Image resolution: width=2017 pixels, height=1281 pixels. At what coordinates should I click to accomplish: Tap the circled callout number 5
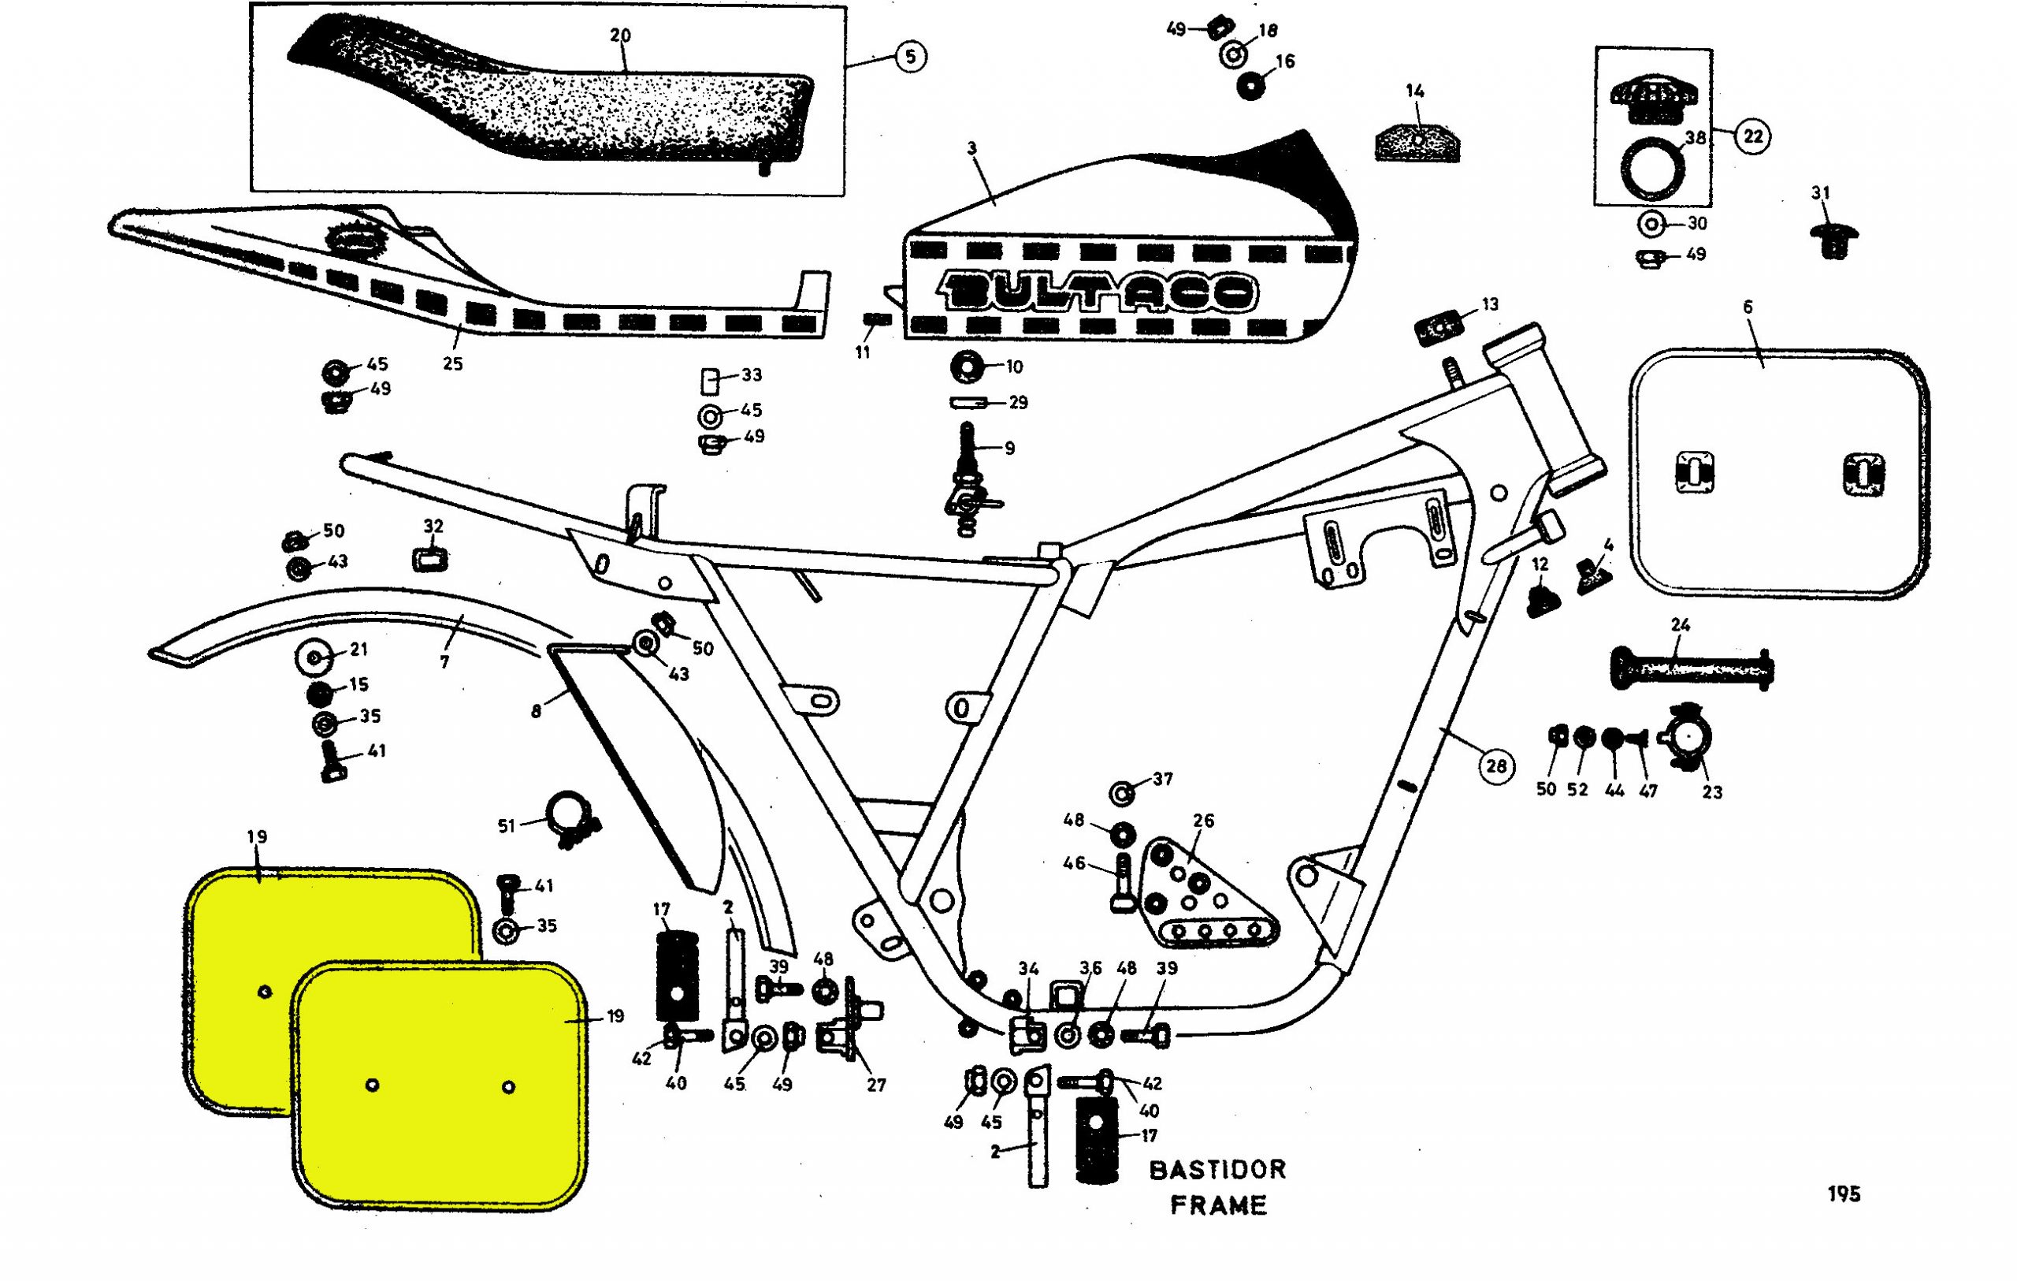911,56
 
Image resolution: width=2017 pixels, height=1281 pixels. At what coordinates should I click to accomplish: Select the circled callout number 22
1753,136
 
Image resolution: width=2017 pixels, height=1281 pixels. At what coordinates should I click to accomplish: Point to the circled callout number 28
1496,765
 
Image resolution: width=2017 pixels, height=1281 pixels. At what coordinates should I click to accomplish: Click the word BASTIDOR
1217,1170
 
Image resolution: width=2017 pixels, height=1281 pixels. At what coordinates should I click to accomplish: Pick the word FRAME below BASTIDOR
1218,1205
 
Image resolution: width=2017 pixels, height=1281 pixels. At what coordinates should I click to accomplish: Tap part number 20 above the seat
620,35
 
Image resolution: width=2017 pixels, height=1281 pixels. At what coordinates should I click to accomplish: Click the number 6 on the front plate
1748,307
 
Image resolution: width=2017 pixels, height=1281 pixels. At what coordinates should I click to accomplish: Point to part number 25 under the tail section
452,363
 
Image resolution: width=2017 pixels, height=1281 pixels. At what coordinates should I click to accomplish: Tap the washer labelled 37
1122,791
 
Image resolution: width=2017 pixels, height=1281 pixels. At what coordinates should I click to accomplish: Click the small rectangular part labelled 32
429,558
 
